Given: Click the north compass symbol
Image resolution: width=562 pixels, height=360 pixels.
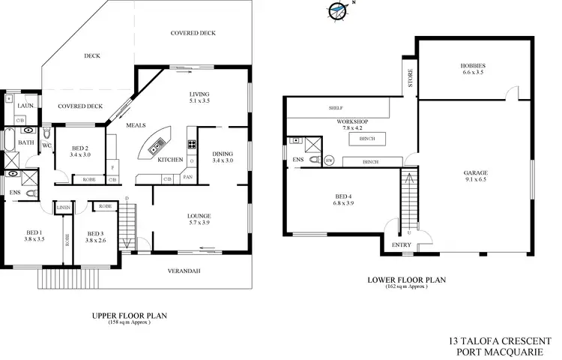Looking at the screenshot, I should click(338, 11).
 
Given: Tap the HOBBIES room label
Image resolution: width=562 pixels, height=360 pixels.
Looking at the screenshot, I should click(473, 69).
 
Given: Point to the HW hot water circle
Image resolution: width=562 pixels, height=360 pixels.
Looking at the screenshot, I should click(329, 160).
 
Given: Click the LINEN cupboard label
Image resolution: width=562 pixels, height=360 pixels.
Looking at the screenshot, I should click(63, 207).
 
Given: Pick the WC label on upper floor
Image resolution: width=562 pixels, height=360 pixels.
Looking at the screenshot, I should click(46, 145).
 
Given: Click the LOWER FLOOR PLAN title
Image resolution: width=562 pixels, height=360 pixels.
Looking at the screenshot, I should click(406, 280).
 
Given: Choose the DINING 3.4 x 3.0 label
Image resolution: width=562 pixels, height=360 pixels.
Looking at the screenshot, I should click(223, 156).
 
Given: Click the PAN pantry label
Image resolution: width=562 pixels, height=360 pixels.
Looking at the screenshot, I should click(187, 177).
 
